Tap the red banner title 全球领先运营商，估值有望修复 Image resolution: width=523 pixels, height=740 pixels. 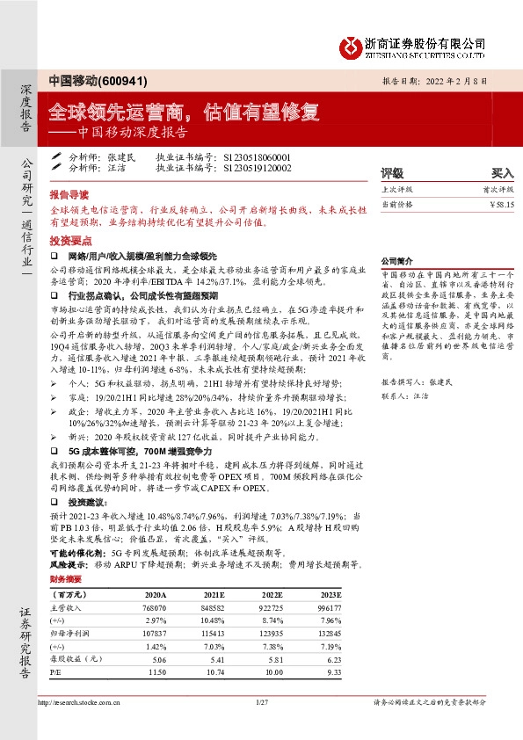(x=185, y=112)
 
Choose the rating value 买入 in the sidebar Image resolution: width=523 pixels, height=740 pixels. (x=502, y=173)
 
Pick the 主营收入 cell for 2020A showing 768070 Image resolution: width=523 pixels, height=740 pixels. (x=155, y=607)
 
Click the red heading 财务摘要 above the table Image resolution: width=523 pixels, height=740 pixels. (x=65, y=580)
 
